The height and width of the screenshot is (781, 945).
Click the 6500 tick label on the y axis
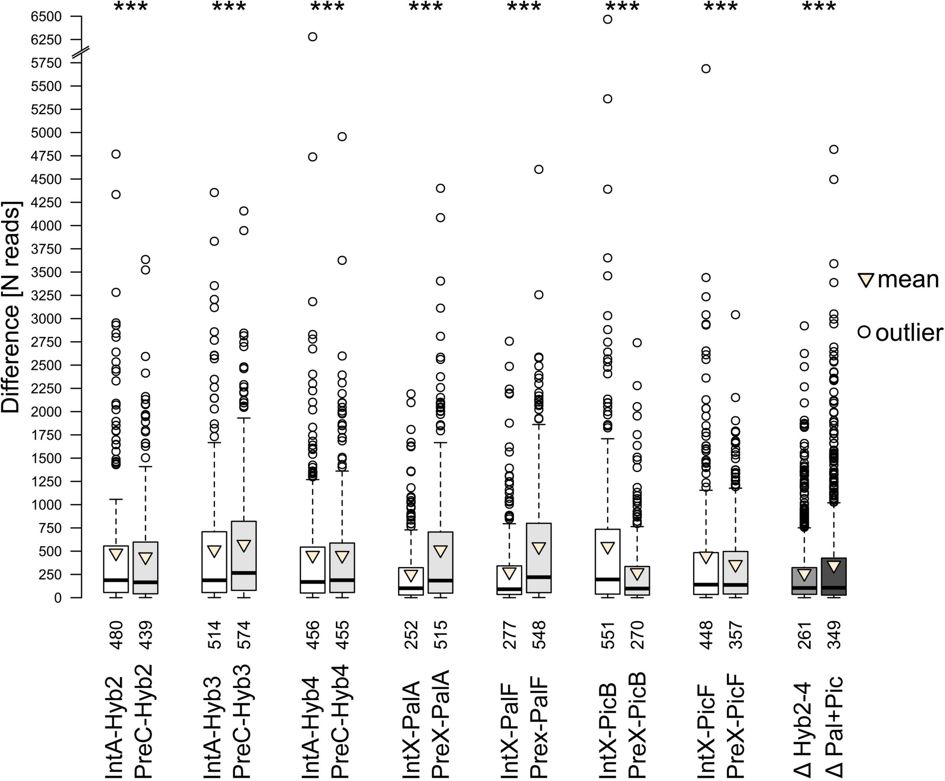click(x=46, y=17)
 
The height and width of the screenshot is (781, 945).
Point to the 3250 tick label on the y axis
click(x=46, y=295)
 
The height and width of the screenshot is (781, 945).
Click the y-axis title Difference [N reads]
click(x=11, y=307)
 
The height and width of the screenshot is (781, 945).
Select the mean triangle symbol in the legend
click(x=866, y=280)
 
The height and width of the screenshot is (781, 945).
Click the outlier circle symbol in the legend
click(x=864, y=332)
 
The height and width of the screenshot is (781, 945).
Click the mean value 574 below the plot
click(x=243, y=635)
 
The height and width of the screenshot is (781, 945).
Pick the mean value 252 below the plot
click(x=411, y=635)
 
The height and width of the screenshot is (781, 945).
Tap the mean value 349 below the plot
click(x=834, y=635)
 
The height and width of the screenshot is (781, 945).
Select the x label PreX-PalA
click(x=440, y=724)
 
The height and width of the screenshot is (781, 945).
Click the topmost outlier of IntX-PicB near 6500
click(x=607, y=19)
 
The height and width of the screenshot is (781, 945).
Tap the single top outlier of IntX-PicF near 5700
click(x=706, y=69)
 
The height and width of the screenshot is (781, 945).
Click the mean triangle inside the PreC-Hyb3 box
click(x=243, y=545)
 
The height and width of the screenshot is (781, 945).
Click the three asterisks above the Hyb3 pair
click(x=229, y=7)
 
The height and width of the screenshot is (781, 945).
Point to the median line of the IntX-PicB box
click(x=607, y=579)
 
